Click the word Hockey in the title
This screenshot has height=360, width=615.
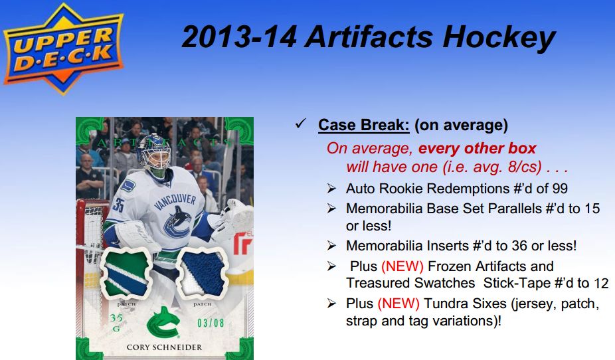coord(499,38)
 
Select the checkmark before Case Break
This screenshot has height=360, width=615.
coord(300,124)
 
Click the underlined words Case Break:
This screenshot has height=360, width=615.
coord(363,126)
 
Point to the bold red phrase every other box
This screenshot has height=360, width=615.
coord(477,148)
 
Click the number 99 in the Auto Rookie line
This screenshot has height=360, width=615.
coord(559,189)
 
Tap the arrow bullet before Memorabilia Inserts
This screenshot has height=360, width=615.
coord(331,246)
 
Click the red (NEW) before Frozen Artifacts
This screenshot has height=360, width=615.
coord(402,266)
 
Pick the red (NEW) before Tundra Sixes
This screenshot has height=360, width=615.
coord(398,304)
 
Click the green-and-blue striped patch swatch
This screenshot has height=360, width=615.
coord(126,273)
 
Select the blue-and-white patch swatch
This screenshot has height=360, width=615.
coord(202,272)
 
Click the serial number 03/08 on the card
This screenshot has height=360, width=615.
coord(211,323)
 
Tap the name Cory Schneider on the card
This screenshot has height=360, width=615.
coord(164,347)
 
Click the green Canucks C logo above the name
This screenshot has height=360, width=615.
coord(163,322)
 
